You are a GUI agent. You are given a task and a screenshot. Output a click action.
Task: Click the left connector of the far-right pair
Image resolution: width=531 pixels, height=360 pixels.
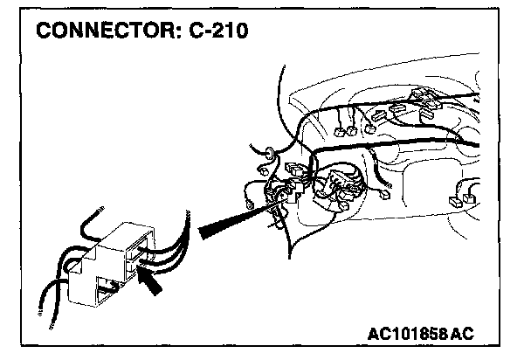coord(455,203)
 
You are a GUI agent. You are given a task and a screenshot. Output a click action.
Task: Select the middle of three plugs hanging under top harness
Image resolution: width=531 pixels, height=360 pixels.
coord(351,132)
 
